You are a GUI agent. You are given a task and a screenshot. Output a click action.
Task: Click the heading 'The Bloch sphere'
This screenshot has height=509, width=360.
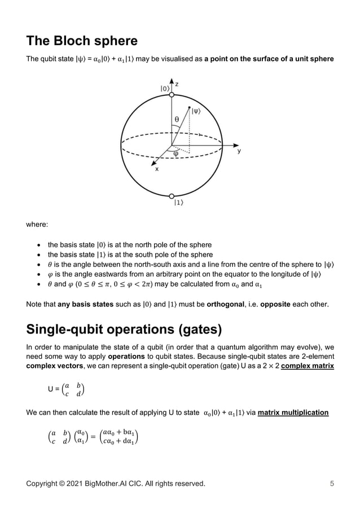click(x=82, y=41)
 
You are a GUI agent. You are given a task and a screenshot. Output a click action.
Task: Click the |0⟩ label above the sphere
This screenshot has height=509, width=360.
click(x=165, y=88)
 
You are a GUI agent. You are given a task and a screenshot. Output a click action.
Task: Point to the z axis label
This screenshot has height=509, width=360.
click(x=177, y=84)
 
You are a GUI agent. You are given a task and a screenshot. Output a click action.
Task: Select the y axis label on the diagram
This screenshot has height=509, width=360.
click(x=239, y=151)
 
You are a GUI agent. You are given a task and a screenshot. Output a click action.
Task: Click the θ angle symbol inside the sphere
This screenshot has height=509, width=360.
click(x=177, y=119)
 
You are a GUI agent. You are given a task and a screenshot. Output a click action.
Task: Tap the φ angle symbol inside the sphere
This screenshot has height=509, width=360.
click(x=175, y=152)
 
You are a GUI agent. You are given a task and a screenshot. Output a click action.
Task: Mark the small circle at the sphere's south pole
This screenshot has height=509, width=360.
click(x=171, y=196)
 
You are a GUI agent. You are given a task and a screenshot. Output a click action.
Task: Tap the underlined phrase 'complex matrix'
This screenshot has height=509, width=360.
click(x=308, y=366)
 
